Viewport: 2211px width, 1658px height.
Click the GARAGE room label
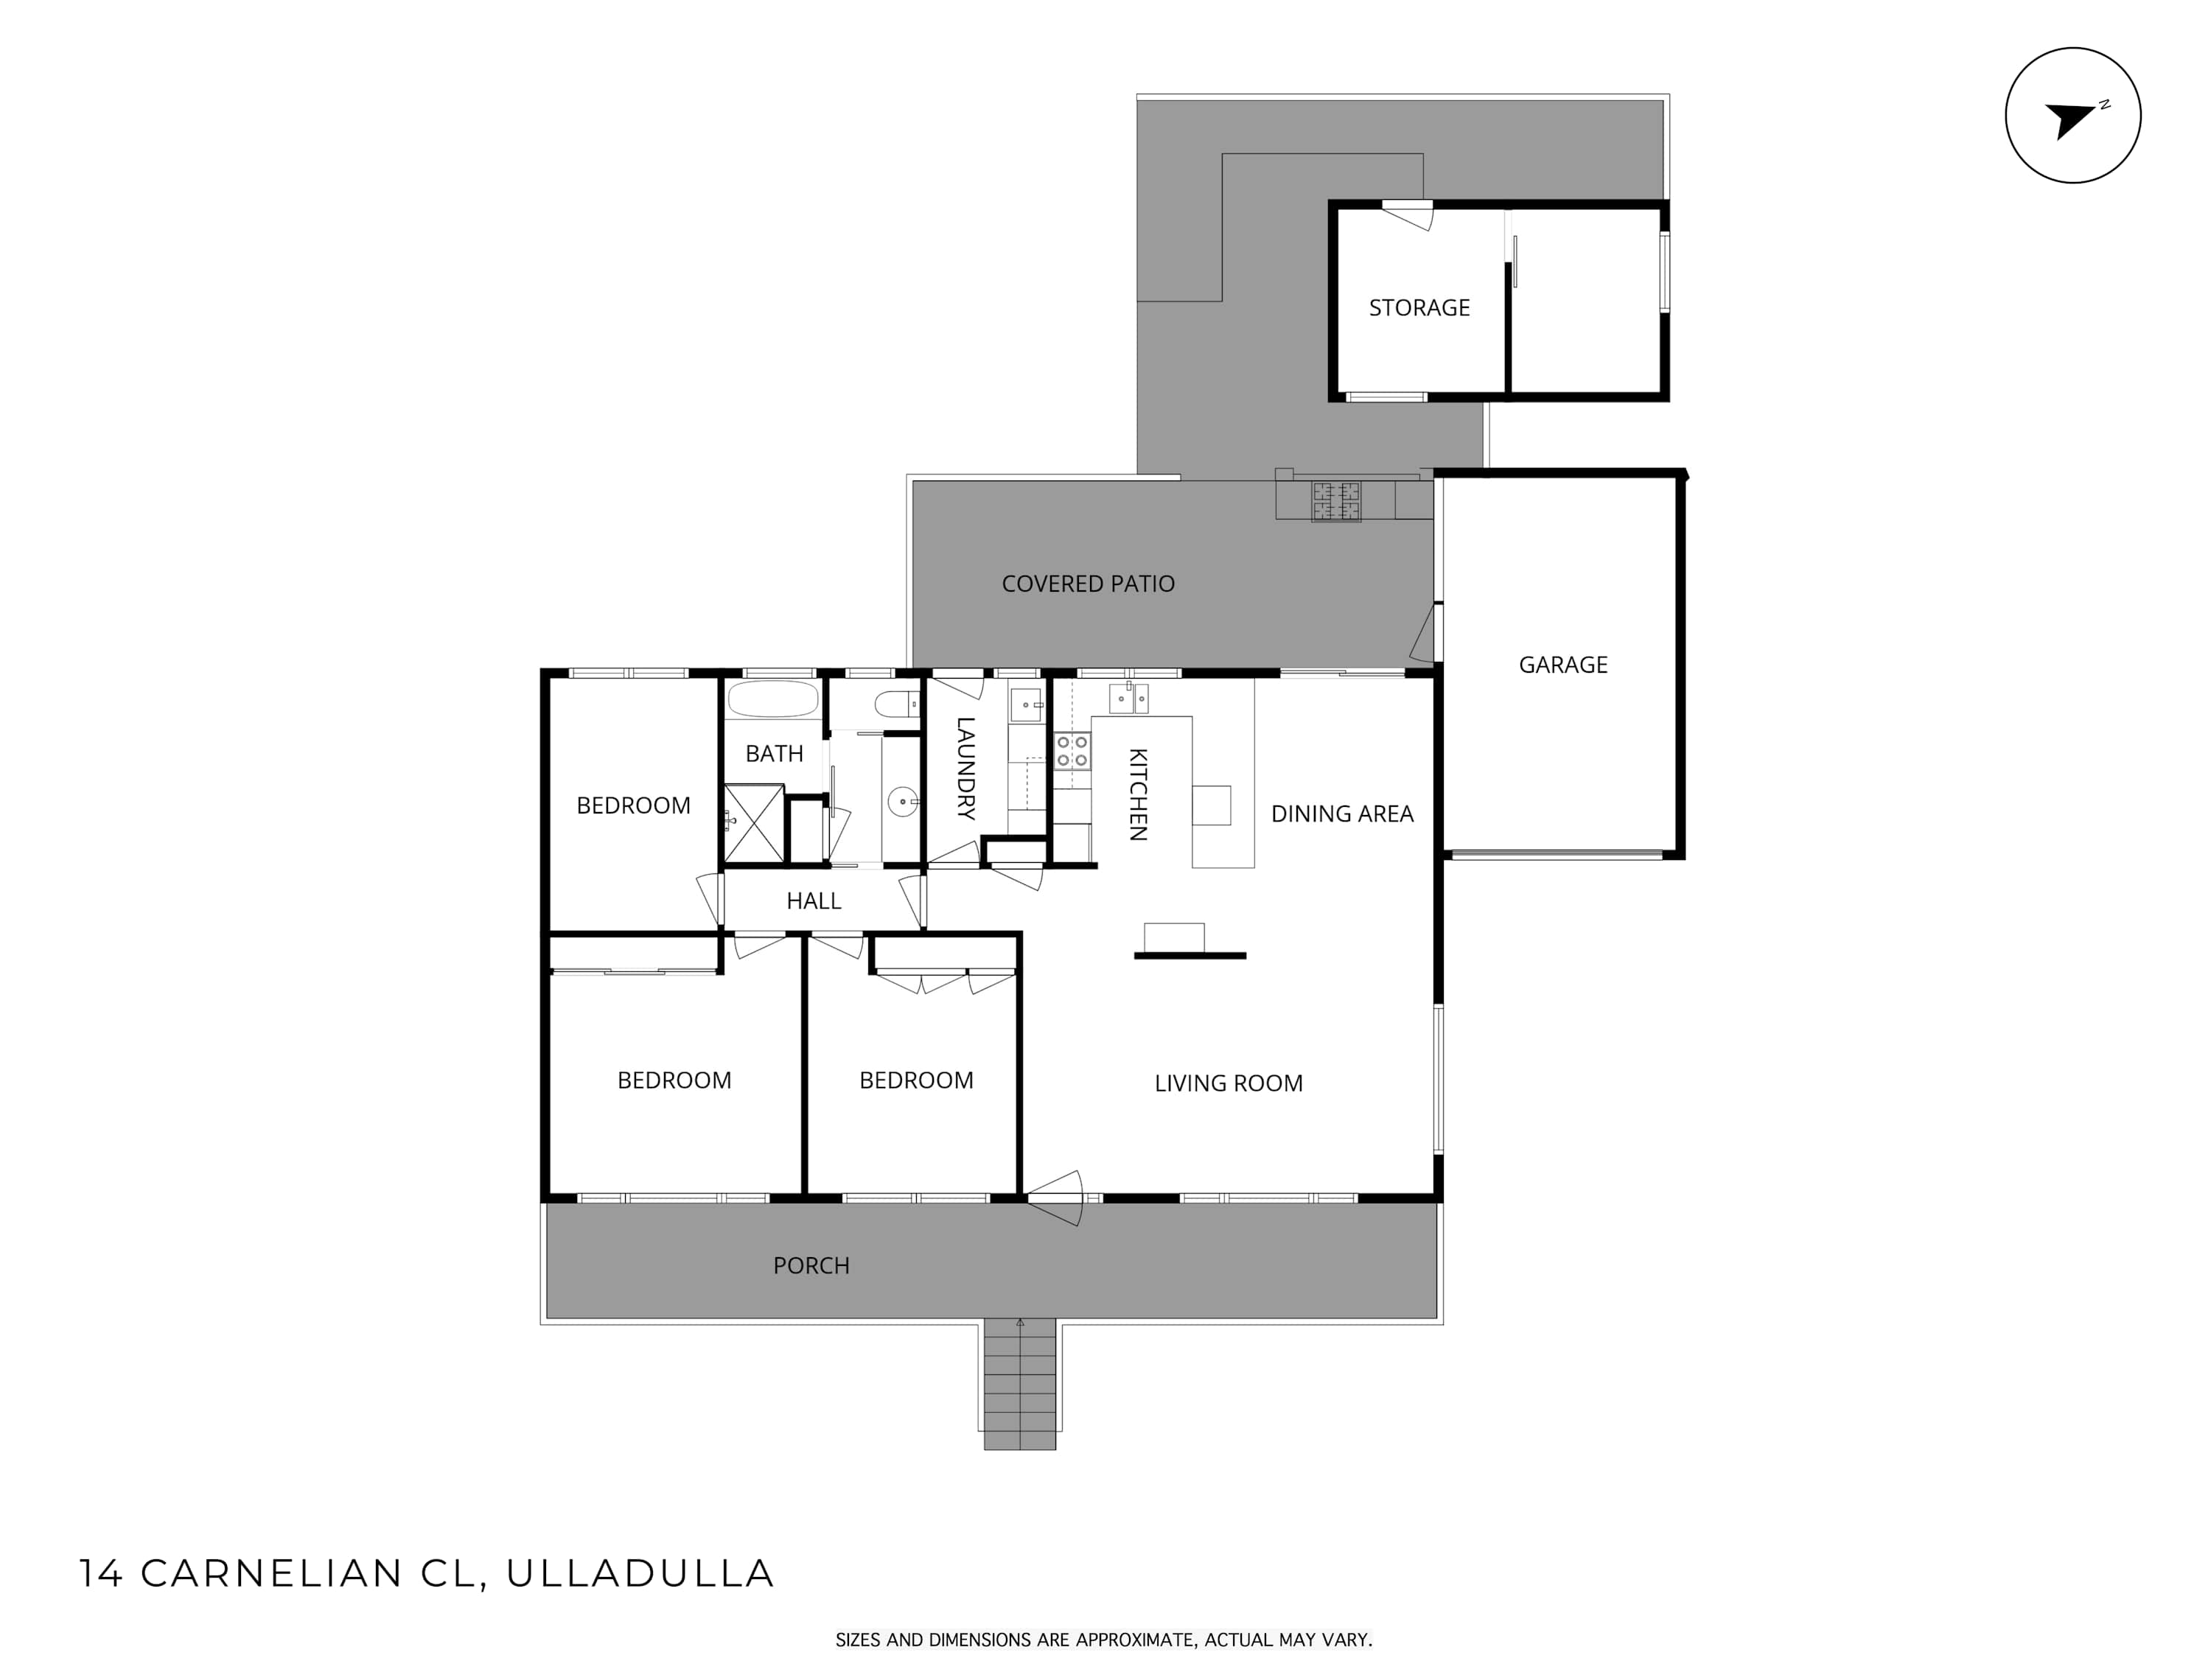(x=1562, y=665)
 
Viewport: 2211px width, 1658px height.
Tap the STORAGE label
(x=1419, y=308)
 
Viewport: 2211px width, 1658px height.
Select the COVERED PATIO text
(x=1089, y=584)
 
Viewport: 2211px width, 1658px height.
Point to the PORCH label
(x=811, y=1265)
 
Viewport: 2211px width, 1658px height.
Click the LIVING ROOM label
(x=1229, y=1083)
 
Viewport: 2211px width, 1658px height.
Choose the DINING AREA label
(x=1342, y=814)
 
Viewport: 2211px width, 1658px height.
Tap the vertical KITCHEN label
(x=1137, y=794)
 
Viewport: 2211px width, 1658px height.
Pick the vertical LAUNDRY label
(x=965, y=769)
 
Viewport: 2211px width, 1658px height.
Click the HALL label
(x=814, y=900)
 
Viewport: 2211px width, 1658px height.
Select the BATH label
(x=774, y=754)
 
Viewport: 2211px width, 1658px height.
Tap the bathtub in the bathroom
(x=772, y=699)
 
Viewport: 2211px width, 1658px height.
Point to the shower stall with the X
(x=754, y=824)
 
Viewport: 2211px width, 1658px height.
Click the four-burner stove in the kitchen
(x=1072, y=751)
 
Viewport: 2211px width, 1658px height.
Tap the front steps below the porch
(x=1019, y=1384)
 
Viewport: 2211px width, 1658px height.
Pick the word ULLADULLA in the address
(x=640, y=1573)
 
